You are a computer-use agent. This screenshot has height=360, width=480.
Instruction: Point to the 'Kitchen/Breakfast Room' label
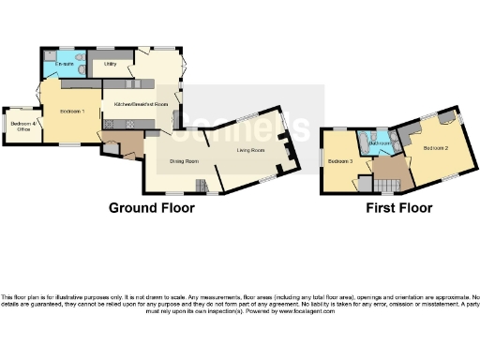point(141,103)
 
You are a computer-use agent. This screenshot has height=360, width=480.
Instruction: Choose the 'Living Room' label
point(250,149)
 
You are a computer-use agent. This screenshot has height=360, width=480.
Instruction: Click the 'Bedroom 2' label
point(436,148)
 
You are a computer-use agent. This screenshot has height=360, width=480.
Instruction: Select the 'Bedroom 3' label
point(339,161)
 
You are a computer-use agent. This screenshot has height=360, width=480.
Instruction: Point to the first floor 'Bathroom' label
point(380,142)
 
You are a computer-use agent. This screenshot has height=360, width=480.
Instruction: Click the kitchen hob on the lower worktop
point(112,122)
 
